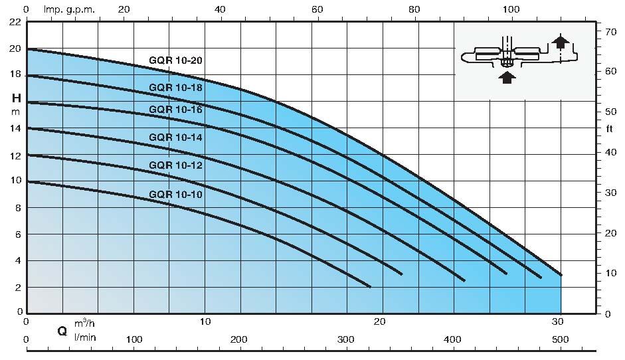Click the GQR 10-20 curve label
(x=175, y=60)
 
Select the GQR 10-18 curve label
(x=175, y=88)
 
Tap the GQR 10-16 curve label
(x=175, y=110)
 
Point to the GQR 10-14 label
(x=175, y=137)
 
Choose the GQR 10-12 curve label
(x=175, y=165)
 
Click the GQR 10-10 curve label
(x=175, y=194)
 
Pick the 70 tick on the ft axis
(x=608, y=31)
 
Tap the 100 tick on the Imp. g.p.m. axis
(x=511, y=9)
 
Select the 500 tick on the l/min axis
(x=561, y=339)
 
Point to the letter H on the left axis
(x=17, y=98)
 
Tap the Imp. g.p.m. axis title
(x=69, y=9)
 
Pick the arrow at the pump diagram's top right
(x=562, y=43)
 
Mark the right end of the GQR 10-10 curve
(x=370, y=286)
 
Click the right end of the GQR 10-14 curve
(x=464, y=280)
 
